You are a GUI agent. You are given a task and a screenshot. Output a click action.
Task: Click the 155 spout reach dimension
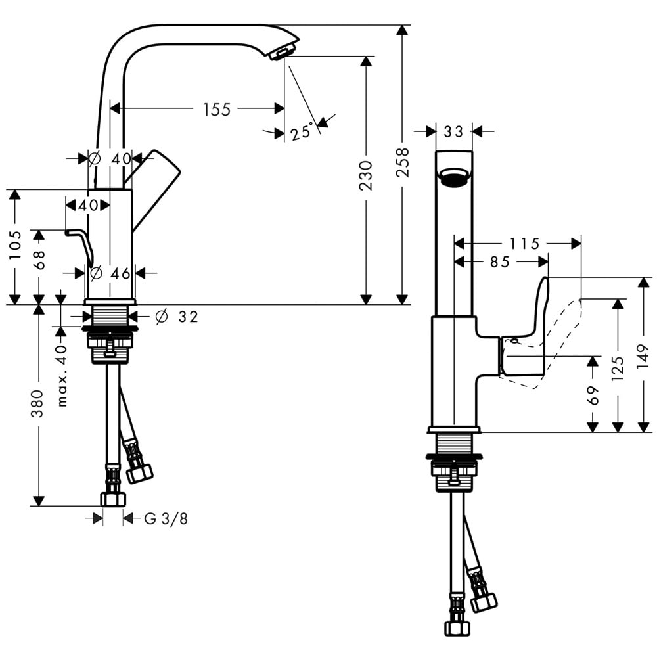(217, 109)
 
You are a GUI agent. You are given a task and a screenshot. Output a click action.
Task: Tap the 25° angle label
(301, 133)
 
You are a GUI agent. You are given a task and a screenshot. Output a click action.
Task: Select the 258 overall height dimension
(403, 162)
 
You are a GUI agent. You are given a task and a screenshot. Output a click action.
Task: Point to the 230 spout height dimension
(366, 175)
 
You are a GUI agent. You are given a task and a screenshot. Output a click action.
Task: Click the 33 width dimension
(453, 132)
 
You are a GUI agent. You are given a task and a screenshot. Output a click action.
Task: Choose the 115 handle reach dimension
(525, 244)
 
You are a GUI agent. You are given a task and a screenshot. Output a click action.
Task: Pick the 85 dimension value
(500, 262)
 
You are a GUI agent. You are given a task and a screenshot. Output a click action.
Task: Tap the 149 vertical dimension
(643, 355)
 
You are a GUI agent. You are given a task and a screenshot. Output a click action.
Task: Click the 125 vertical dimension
(618, 370)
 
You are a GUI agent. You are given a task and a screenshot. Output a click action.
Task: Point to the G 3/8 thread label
(166, 519)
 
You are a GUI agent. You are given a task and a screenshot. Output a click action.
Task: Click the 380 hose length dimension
(38, 403)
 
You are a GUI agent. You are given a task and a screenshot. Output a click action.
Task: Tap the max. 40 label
(62, 374)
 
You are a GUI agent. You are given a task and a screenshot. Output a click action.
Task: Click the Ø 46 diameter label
(112, 273)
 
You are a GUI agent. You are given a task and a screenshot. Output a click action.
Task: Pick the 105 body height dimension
(14, 245)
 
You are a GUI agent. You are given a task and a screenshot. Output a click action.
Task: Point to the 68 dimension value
(39, 261)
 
